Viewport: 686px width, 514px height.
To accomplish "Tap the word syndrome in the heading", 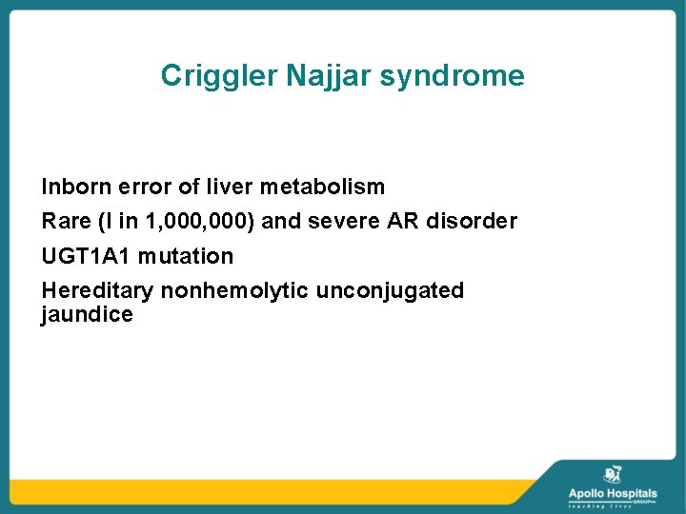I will pos(452,76).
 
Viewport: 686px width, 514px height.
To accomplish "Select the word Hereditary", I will pos(97,290).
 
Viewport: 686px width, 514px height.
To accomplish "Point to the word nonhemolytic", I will pos(234,290).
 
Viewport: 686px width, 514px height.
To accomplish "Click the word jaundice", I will pos(87,315).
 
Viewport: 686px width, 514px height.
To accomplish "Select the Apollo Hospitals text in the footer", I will pos(613,493).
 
